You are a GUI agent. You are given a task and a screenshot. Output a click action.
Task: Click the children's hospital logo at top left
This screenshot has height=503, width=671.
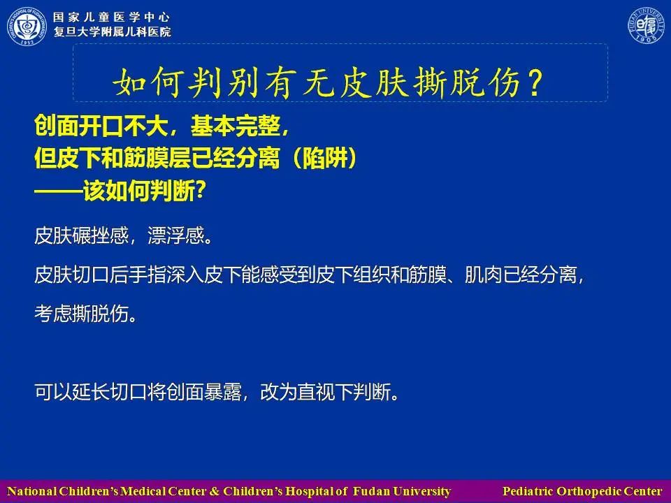pyautogui.click(x=27, y=26)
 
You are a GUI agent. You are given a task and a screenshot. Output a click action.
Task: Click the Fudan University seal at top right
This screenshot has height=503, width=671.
pyautogui.click(x=646, y=25)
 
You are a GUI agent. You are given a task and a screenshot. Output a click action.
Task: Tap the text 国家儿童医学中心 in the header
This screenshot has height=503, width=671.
pyautogui.click(x=111, y=17)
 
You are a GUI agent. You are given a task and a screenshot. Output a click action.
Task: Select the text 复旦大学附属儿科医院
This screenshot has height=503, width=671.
pyautogui.click(x=112, y=31)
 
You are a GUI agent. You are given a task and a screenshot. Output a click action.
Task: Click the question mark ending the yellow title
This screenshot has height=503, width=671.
pyautogui.click(x=535, y=82)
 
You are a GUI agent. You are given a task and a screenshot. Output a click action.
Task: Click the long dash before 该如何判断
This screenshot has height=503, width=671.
pyautogui.click(x=58, y=191)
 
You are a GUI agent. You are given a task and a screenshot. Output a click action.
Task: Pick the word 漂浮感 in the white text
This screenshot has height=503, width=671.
pyautogui.click(x=176, y=235)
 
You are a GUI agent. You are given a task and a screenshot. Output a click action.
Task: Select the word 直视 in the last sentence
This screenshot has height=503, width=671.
pyautogui.click(x=316, y=392)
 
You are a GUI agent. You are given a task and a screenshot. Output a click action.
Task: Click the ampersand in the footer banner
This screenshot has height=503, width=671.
pyautogui.click(x=215, y=491)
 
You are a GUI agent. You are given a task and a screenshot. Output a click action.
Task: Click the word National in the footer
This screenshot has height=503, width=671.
pyautogui.click(x=31, y=491)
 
